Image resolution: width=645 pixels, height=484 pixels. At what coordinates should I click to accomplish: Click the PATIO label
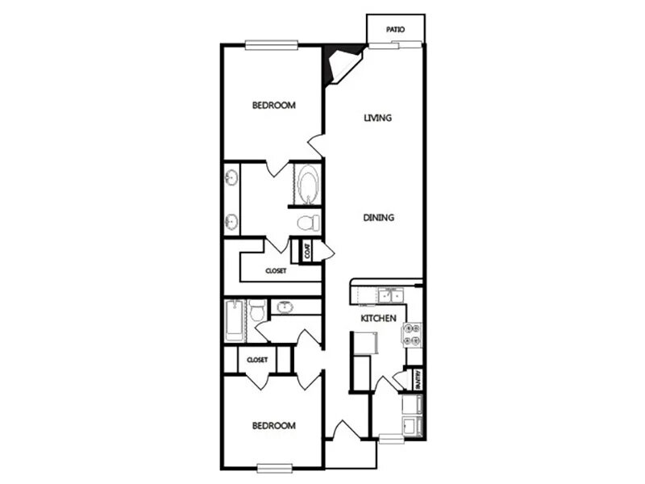[x=394, y=30]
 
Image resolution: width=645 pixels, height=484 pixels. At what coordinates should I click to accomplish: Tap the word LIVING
[x=377, y=118]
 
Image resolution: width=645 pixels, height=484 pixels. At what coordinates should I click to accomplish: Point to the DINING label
[x=377, y=217]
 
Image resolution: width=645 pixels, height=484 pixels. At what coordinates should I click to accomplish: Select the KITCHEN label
[x=377, y=319]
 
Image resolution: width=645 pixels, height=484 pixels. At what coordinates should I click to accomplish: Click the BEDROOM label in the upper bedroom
[x=273, y=105]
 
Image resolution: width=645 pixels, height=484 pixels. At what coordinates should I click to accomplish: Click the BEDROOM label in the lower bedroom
[x=273, y=425]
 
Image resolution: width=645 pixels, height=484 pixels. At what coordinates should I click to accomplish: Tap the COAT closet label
[x=307, y=251]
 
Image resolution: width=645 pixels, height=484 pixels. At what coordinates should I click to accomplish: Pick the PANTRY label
[x=419, y=380]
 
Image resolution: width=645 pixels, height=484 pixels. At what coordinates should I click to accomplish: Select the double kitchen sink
[x=389, y=294]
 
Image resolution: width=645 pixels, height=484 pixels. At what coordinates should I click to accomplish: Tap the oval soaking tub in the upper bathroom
[x=308, y=183]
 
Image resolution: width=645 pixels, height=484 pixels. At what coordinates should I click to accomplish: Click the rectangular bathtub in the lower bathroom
[x=234, y=318]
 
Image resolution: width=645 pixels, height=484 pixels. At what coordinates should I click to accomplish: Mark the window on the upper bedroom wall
[x=272, y=44]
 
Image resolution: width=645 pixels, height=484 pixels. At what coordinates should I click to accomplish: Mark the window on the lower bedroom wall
[x=273, y=466]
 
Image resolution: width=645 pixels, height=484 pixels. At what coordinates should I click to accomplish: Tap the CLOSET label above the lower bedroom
[x=257, y=359]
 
